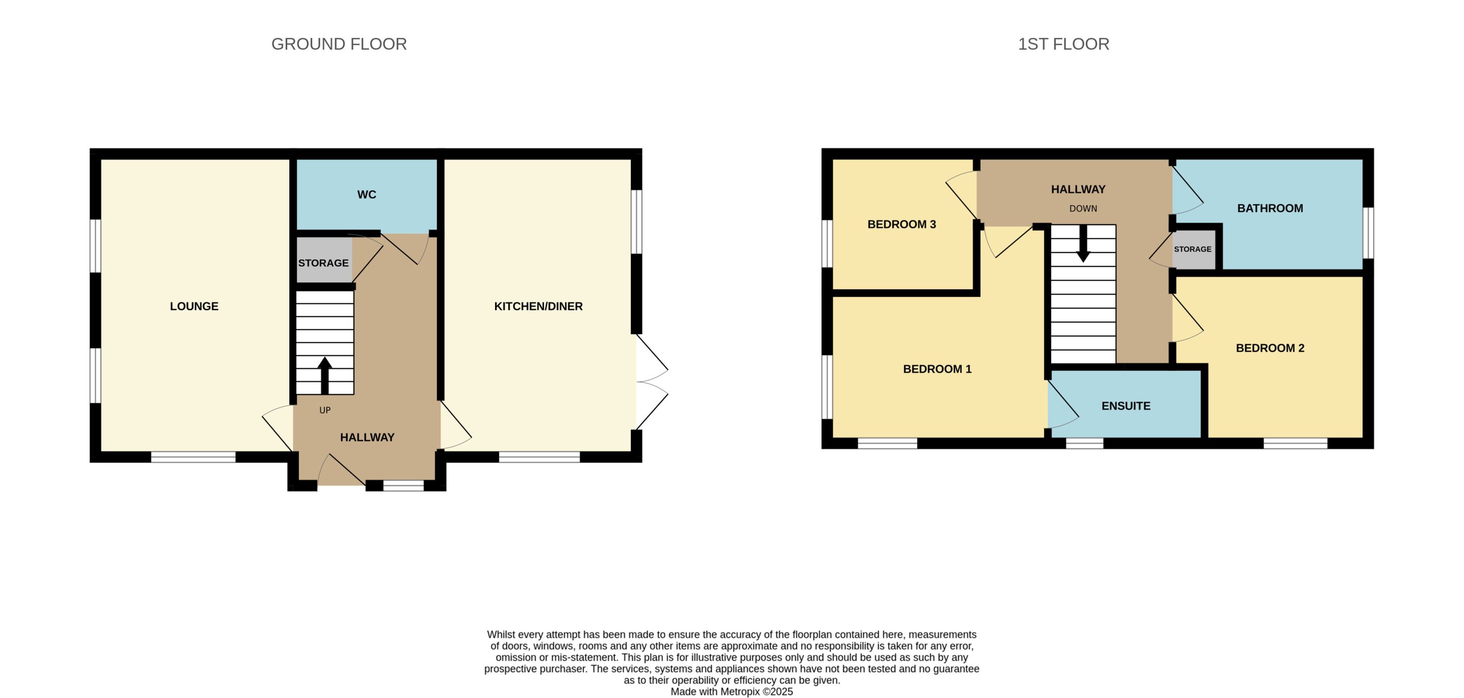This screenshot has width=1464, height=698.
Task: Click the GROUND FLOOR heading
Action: [339, 44]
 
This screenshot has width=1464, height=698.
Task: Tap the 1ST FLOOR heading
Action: [1063, 44]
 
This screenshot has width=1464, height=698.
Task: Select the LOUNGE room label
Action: [194, 307]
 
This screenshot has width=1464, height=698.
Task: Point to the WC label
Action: [367, 194]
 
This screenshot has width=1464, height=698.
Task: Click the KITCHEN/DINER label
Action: [538, 307]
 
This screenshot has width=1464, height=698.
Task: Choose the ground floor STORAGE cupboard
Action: [324, 260]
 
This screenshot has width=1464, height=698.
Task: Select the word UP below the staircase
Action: [325, 410]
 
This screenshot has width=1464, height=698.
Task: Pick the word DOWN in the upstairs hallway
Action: [1083, 208]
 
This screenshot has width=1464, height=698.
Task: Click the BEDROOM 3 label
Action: [901, 225]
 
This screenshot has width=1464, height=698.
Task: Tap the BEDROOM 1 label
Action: [937, 369]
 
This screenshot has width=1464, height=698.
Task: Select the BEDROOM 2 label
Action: [1270, 348]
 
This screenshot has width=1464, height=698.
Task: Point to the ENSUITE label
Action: [1126, 406]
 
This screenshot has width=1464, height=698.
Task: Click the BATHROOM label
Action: [1270, 208]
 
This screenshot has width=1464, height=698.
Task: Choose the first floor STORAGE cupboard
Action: [1194, 250]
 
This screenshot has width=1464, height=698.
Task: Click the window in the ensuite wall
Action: [1084, 443]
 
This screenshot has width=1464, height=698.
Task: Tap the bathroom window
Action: [1368, 232]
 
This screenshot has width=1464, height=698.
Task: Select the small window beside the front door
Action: [404, 485]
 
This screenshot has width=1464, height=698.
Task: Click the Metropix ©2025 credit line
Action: [731, 692]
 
